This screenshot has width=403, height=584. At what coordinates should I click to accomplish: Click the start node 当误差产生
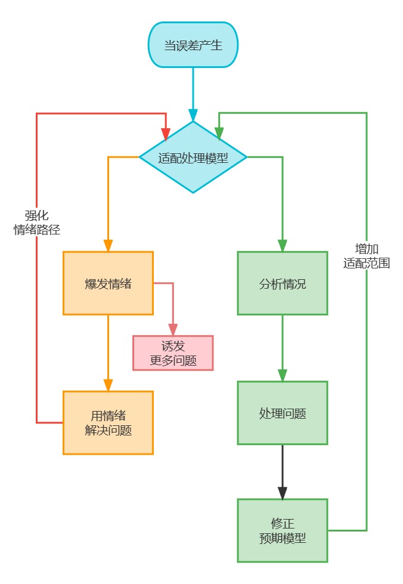(193, 45)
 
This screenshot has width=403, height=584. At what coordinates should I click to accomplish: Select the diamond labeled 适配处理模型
(193, 157)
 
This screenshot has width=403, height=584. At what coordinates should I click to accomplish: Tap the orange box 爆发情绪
(108, 283)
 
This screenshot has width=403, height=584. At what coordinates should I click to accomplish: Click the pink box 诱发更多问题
(173, 353)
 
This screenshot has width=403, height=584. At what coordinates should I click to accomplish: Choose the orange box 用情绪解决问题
(108, 422)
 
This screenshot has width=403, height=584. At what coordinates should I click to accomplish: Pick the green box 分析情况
(283, 283)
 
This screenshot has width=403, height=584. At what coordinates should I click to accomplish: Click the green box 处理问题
(283, 413)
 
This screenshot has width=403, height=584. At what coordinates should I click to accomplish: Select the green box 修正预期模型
(283, 530)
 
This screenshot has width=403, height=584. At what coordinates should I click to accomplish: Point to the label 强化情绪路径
(37, 223)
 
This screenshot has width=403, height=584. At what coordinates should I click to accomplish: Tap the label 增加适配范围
(367, 255)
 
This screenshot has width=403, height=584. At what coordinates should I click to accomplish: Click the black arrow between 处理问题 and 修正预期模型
(283, 471)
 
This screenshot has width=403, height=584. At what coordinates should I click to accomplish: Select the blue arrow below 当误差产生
(193, 92)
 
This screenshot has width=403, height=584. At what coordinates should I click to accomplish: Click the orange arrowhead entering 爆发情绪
(108, 245)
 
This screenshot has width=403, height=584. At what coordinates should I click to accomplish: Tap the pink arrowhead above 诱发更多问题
(173, 329)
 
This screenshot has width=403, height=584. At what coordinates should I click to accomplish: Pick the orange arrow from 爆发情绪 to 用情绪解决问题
(108, 352)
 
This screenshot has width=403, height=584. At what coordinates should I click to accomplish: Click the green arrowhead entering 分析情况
(283, 245)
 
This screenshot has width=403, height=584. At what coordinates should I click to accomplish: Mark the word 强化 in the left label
(37, 215)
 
